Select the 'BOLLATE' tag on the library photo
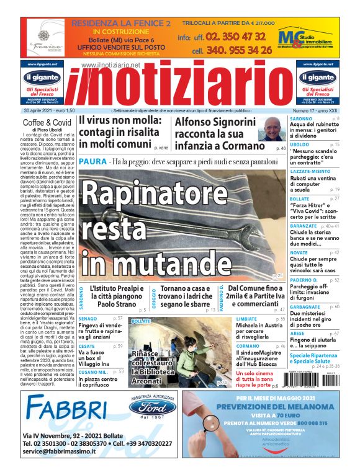[x=142, y=321]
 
